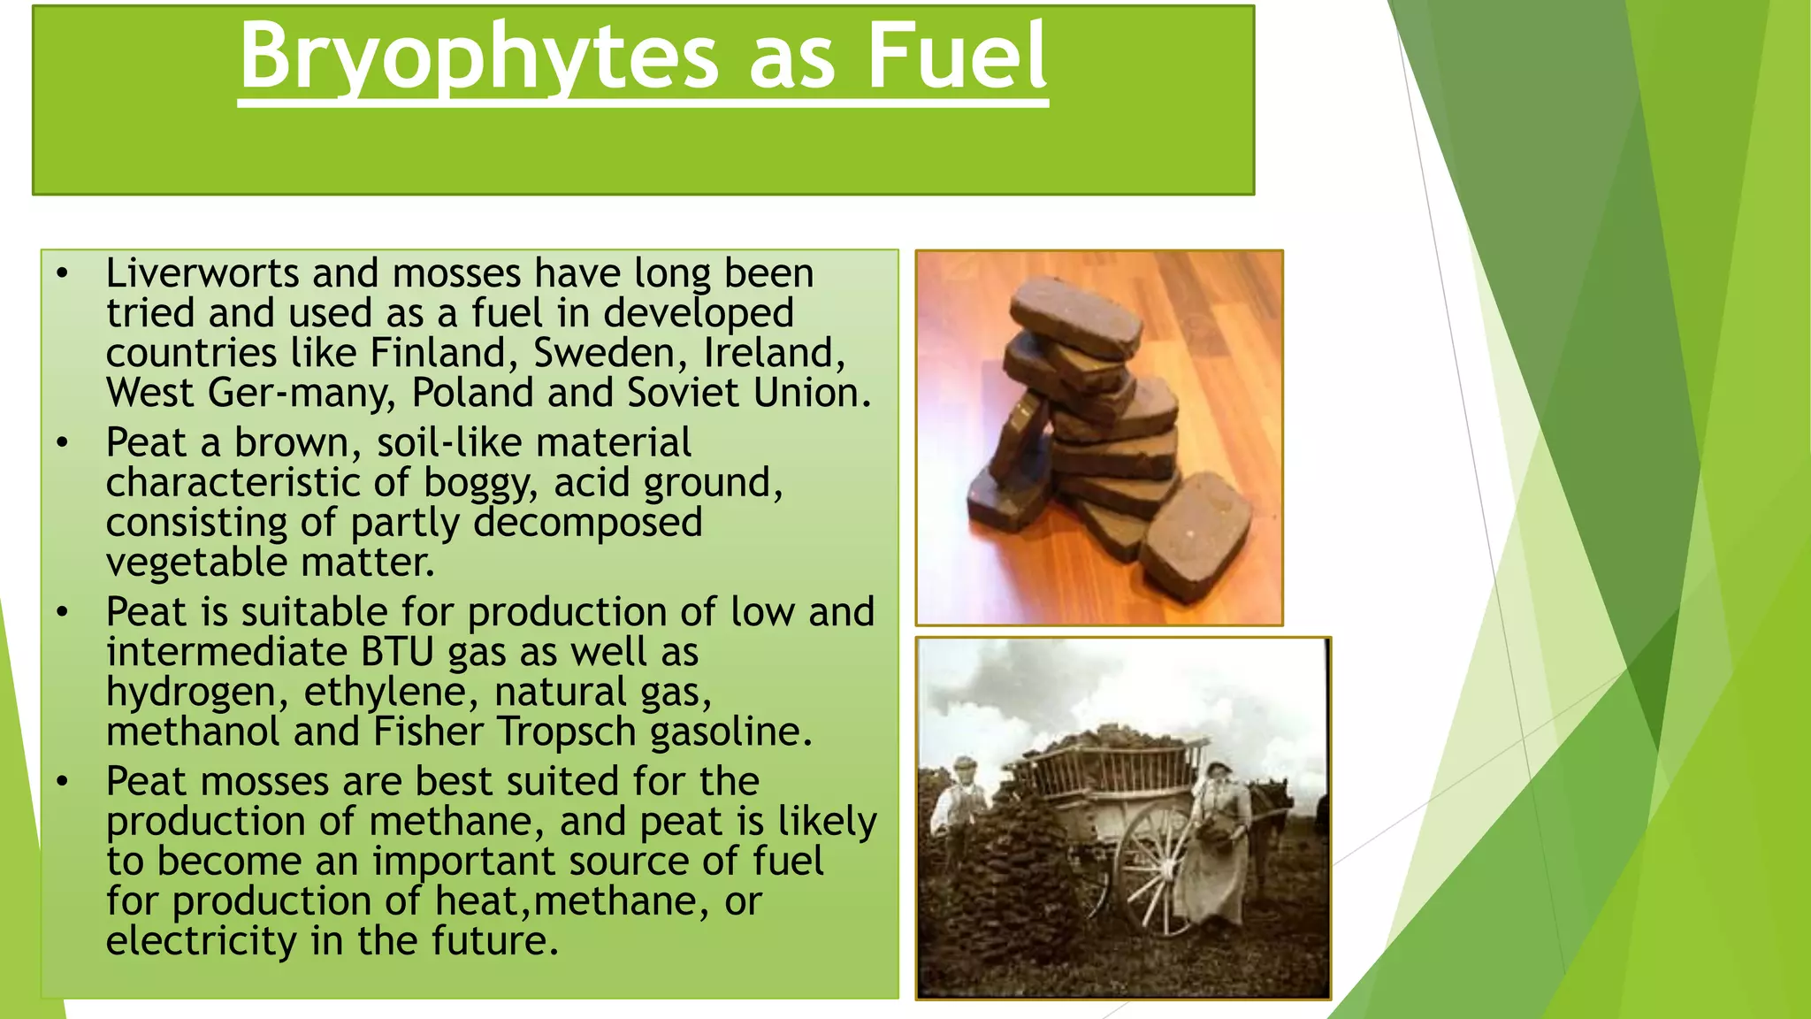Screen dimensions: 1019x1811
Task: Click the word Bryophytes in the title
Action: point(478,57)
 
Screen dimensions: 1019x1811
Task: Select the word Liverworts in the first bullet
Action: point(202,273)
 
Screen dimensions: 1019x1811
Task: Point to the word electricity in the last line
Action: point(201,941)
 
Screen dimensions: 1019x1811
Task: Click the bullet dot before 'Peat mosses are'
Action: point(62,782)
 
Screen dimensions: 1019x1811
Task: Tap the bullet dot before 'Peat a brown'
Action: point(62,442)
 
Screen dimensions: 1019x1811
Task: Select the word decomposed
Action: point(588,523)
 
